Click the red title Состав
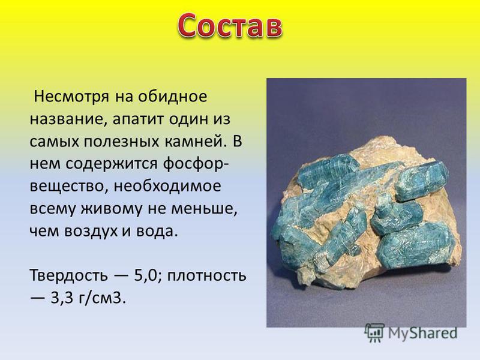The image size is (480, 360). pyautogui.click(x=230, y=26)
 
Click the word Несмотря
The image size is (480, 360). pyautogui.click(x=71, y=97)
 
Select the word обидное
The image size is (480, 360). pyautogui.click(x=172, y=97)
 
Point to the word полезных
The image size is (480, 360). pyautogui.click(x=122, y=142)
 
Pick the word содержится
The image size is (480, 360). pyautogui.click(x=112, y=164)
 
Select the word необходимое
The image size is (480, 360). pyautogui.click(x=167, y=186)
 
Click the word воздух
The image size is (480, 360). pyautogui.click(x=91, y=232)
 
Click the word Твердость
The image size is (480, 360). pyautogui.click(x=69, y=275)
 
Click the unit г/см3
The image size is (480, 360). pyautogui.click(x=102, y=298)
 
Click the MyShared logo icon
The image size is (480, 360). pyautogui.click(x=374, y=333)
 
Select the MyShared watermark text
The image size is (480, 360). pyautogui.click(x=423, y=333)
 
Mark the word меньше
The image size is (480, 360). pyautogui.click(x=204, y=209)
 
